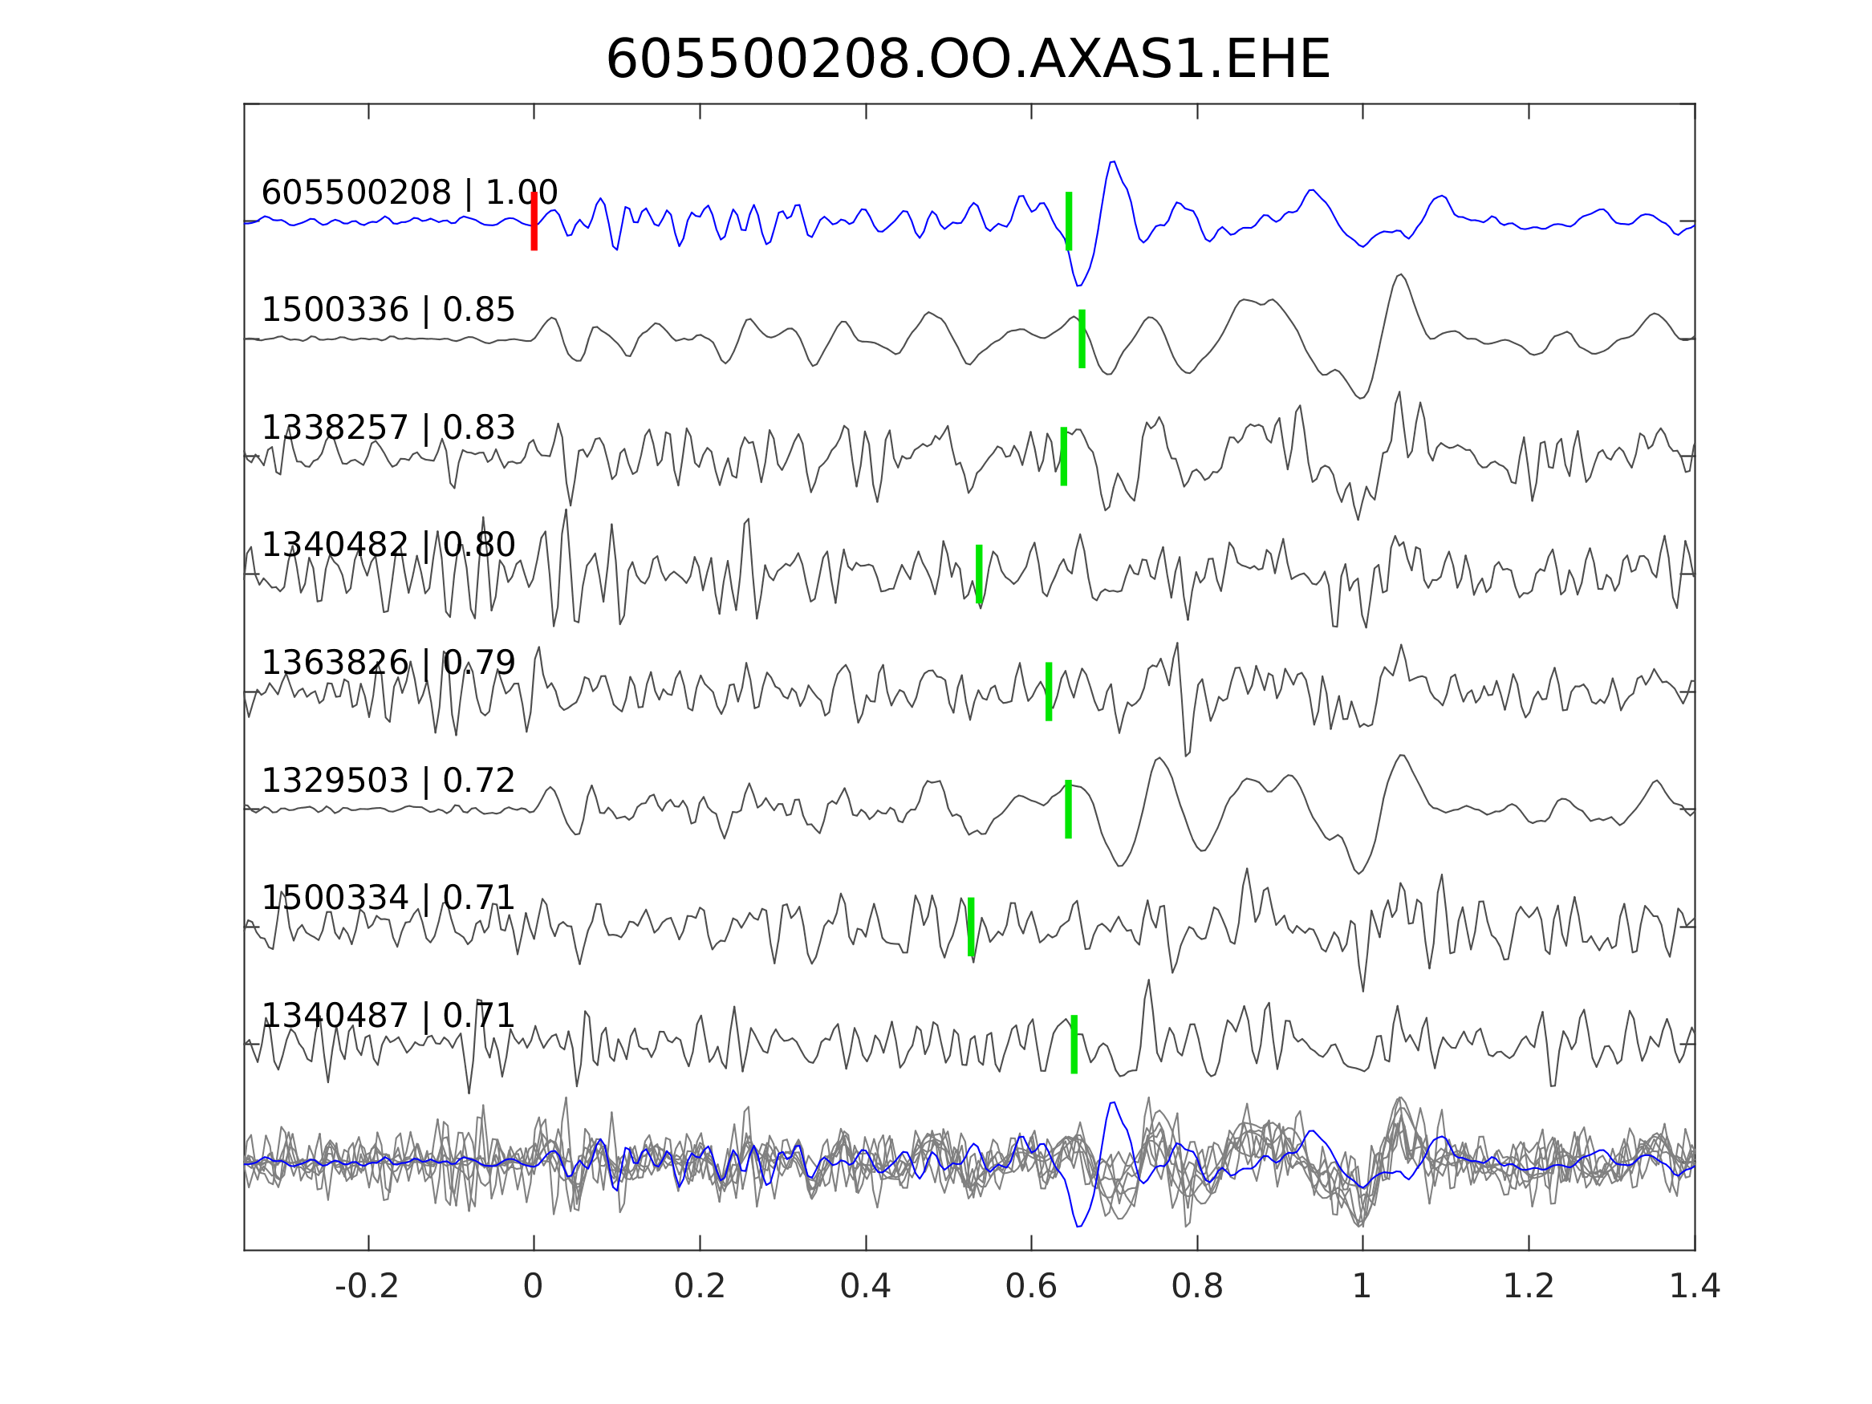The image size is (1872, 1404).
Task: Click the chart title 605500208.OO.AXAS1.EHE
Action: pos(968,61)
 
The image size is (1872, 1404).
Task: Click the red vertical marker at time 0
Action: pos(534,221)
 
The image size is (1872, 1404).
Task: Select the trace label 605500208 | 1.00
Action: pos(408,193)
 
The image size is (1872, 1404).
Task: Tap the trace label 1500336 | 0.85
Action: pos(388,310)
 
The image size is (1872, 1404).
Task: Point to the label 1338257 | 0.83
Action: pos(388,428)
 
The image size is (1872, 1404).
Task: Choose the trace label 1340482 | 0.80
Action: pos(388,545)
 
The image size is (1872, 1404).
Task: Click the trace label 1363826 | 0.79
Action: pos(388,663)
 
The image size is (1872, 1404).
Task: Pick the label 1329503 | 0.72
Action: pos(388,781)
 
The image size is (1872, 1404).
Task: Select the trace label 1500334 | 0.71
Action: pos(388,898)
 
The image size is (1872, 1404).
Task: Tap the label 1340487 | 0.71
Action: pos(388,1016)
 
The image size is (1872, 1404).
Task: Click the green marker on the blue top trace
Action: pos(1069,221)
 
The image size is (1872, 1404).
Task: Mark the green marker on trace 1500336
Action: pos(1082,339)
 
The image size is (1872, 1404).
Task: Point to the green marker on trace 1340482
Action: pos(979,574)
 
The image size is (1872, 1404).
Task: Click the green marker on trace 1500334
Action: pos(971,927)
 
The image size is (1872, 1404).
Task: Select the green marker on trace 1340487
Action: pos(1074,1045)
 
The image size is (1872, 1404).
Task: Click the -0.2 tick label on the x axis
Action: pos(367,1287)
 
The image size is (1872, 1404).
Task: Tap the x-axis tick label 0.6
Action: pos(1031,1287)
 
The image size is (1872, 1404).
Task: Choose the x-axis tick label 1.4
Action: pos(1695,1287)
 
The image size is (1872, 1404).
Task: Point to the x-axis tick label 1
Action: pos(1362,1287)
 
